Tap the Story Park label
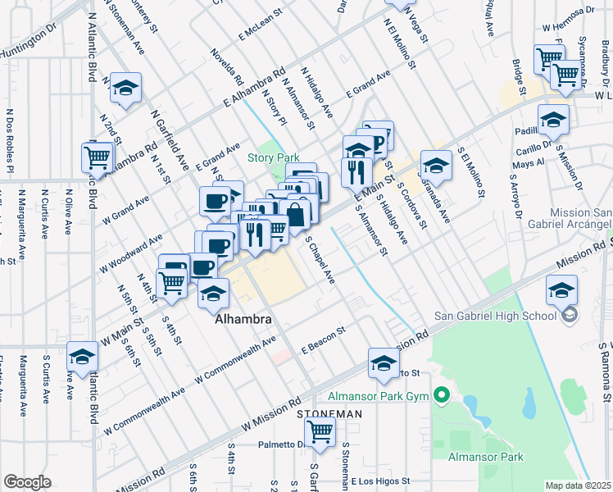[274, 158]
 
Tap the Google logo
[28, 482]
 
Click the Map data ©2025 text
[578, 485]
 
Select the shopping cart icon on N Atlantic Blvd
[98, 156]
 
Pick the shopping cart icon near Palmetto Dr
[319, 430]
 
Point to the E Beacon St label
[325, 349]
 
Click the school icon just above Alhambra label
[213, 293]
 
